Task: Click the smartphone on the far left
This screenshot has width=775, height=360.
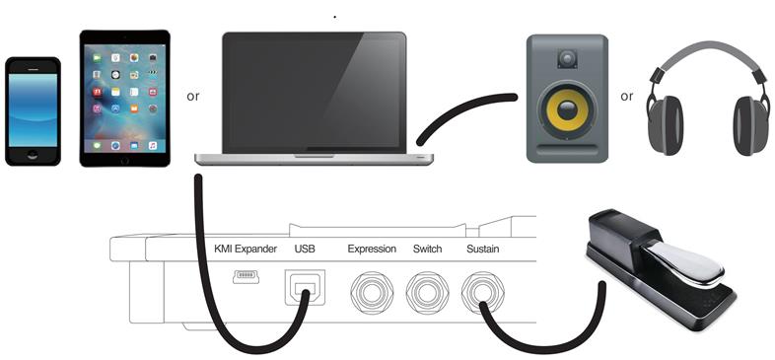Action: (x=33, y=111)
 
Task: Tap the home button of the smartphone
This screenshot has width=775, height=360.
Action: (x=33, y=154)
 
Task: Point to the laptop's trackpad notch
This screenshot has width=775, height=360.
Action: (x=314, y=156)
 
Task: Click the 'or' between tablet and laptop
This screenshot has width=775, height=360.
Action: (x=194, y=97)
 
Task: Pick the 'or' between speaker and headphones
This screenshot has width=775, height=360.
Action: (x=627, y=97)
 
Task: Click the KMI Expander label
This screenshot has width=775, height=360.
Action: (x=246, y=249)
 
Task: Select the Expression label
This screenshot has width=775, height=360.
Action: (x=372, y=249)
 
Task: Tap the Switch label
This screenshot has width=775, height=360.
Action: (x=429, y=249)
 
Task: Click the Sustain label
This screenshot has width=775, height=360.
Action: (x=482, y=249)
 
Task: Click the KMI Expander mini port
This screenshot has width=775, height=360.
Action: (x=247, y=277)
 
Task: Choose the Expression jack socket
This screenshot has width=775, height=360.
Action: (x=373, y=293)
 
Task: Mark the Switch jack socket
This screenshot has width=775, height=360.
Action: (x=428, y=293)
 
